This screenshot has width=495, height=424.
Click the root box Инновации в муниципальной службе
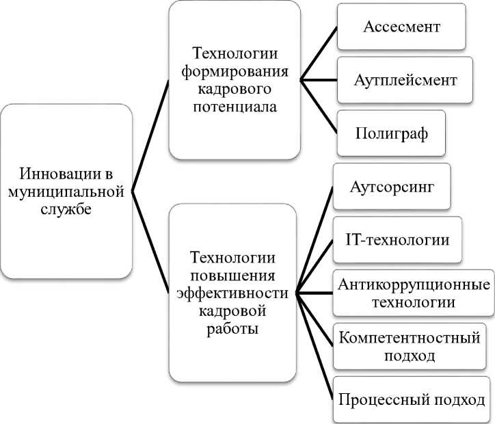click(x=66, y=191)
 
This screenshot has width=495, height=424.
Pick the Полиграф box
click(x=391, y=132)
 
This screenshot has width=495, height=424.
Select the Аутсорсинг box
click(x=391, y=185)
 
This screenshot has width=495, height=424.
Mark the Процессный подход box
click(x=412, y=399)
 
